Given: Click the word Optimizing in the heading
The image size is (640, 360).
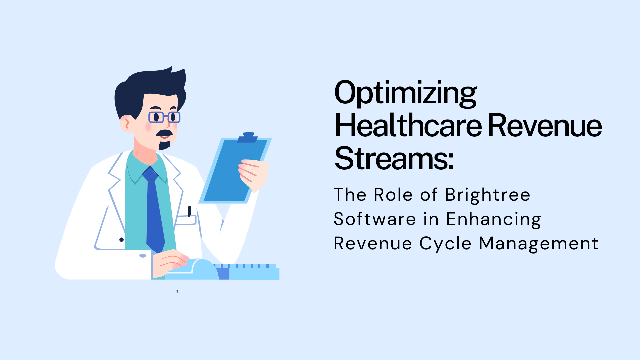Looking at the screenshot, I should pyautogui.click(x=405, y=93).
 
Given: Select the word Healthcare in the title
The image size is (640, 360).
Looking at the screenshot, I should pyautogui.click(x=408, y=126).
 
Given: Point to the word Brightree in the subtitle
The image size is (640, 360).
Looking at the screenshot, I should pyautogui.click(x=487, y=195).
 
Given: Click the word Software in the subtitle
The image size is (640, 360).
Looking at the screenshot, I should pyautogui.click(x=375, y=219).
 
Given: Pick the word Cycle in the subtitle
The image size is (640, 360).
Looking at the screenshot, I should pyautogui.click(x=445, y=244).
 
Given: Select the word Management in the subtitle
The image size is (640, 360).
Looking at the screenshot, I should pyautogui.click(x=539, y=244).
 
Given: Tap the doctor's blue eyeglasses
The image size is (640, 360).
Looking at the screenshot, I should pyautogui.click(x=164, y=117).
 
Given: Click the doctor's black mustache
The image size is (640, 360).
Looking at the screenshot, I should pyautogui.click(x=165, y=133).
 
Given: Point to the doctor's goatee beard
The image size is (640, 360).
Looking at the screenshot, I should pyautogui.click(x=164, y=145).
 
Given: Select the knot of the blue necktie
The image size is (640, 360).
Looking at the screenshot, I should pyautogui.click(x=150, y=174).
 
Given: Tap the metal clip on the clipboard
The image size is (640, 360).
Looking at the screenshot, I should pyautogui.click(x=248, y=137).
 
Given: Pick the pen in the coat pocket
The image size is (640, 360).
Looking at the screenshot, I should pyautogui.click(x=189, y=211).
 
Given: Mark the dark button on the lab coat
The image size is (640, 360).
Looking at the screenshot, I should pyautogui.click(x=121, y=240).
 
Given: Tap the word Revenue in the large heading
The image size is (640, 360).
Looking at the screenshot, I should pyautogui.click(x=545, y=126).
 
